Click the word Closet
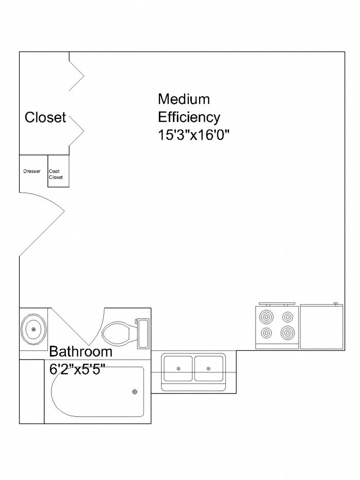[x=45, y=117]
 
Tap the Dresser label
[x=32, y=171]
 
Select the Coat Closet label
[x=56, y=174]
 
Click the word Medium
[x=184, y=98]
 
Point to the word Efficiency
[x=189, y=117]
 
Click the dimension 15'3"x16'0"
[x=193, y=135]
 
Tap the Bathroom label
[x=81, y=352]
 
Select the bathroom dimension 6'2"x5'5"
[x=81, y=369]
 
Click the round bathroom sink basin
[x=34, y=328]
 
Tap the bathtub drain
[x=135, y=392]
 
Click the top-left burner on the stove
[x=266, y=316]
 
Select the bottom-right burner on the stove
[x=287, y=332]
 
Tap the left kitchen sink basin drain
[x=178, y=369]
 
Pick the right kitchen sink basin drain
[x=208, y=369]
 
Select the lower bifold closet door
[x=77, y=129]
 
